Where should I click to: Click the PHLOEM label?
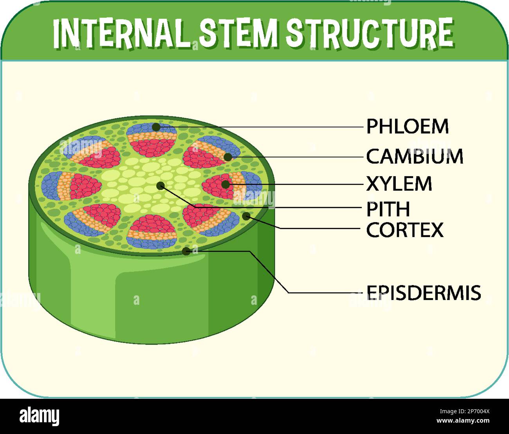coord(407,127)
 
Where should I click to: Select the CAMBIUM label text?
coord(415,157)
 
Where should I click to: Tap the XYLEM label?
coord(399,184)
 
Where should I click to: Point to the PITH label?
coord(388,209)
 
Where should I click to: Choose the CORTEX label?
coord(405,230)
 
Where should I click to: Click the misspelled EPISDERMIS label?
coord(423,293)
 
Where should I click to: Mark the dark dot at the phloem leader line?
coord(156,127)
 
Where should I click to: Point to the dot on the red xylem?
coord(225,184)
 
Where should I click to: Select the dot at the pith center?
coord(161,186)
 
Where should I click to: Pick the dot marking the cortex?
coord(246,216)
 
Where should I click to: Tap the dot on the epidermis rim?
coord(187,251)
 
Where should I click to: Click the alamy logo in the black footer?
coord(40,416)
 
